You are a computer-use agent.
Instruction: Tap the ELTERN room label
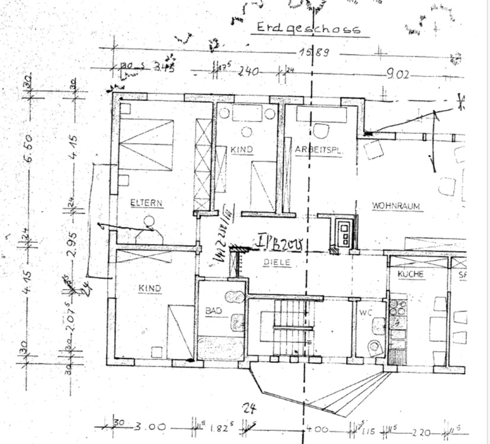[146, 202]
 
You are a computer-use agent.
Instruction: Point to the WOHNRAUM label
[396, 206]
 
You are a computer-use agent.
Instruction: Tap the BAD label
[213, 310]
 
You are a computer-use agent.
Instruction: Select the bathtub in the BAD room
[220, 348]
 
